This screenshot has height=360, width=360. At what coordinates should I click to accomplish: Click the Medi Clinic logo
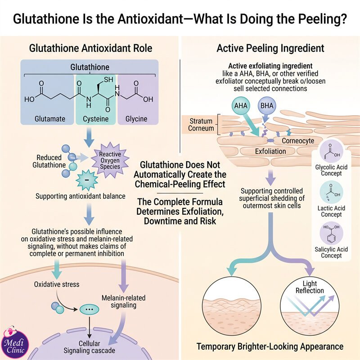(x=15, y=343)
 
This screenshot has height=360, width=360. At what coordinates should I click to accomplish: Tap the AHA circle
(x=241, y=106)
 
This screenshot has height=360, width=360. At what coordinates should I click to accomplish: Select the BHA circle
(x=267, y=106)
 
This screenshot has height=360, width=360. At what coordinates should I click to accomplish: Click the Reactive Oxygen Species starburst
(x=110, y=160)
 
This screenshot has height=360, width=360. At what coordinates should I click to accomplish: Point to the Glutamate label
(x=50, y=119)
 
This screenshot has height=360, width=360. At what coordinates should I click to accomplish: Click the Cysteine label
(x=95, y=119)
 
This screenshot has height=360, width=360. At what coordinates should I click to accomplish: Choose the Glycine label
(x=136, y=119)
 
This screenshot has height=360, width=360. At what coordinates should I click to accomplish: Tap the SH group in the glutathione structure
(x=108, y=80)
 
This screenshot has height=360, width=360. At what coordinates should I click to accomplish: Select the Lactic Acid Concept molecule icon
(x=331, y=193)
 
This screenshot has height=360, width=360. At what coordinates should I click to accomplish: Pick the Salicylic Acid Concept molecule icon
(x=331, y=234)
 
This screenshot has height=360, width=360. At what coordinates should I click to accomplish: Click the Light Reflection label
(x=310, y=287)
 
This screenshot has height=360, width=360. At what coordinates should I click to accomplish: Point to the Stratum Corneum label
(x=201, y=125)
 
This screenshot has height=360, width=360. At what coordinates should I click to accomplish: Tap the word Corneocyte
(x=298, y=140)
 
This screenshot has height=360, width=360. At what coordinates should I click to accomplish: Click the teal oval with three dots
(x=89, y=309)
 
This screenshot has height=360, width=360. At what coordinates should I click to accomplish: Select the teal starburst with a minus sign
(x=87, y=180)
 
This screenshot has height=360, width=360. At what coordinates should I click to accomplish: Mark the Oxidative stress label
(x=57, y=284)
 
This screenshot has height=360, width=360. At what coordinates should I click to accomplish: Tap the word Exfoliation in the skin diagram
(x=270, y=151)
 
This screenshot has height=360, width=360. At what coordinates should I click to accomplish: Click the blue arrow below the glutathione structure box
(x=89, y=137)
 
